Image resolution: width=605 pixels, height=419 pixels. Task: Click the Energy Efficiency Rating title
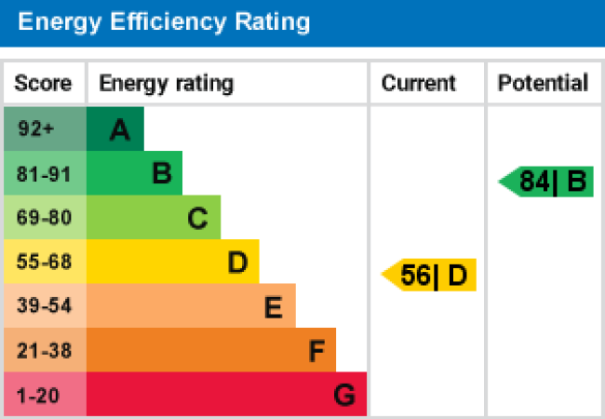point(164,21)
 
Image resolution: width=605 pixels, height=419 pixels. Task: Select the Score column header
point(43,84)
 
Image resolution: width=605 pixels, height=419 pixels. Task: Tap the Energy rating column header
point(166,84)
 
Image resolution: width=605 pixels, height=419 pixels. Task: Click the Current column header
point(419,84)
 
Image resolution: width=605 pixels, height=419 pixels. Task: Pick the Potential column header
point(543,84)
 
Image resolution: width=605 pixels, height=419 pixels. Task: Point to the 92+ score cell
point(36,128)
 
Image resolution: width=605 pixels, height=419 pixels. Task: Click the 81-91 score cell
point(44,173)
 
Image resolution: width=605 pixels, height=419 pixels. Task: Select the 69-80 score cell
point(44,218)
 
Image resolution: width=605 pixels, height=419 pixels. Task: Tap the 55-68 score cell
point(44,263)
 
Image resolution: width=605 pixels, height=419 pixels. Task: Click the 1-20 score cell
point(38,396)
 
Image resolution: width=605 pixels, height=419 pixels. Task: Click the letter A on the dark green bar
point(119,130)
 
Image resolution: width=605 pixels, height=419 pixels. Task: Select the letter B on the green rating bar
point(162,173)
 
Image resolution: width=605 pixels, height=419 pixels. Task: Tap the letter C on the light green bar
point(197,219)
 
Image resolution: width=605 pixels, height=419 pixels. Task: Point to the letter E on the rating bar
point(273,307)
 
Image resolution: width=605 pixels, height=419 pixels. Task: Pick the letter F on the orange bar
point(316,352)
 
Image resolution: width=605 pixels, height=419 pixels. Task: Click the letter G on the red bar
point(344,396)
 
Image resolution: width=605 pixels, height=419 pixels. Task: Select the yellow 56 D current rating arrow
point(430,276)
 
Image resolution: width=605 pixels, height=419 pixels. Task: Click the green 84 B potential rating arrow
point(547,182)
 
